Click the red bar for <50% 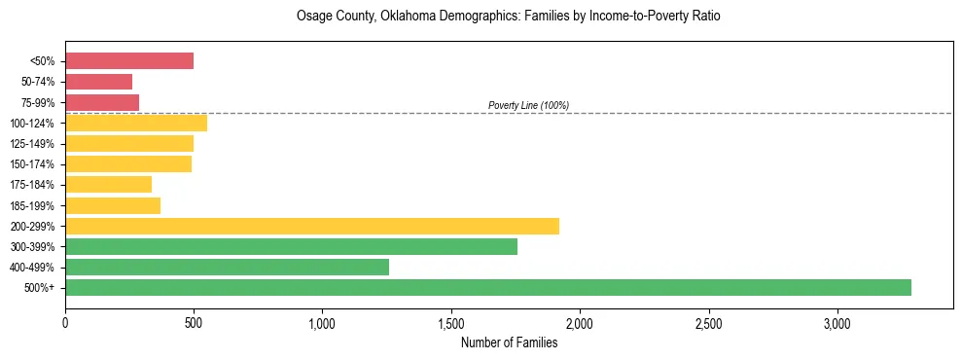[x=129, y=61]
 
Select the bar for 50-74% [x=98, y=82]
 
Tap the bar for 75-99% [x=102, y=102]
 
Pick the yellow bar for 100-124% [x=136, y=123]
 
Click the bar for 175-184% [x=108, y=184]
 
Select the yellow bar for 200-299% [x=312, y=226]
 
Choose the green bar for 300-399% [x=291, y=246]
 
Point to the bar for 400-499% [x=227, y=267]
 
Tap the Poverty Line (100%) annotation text [x=528, y=105]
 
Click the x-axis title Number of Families [x=509, y=342]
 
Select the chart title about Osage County [x=509, y=17]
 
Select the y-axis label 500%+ [x=40, y=288]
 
